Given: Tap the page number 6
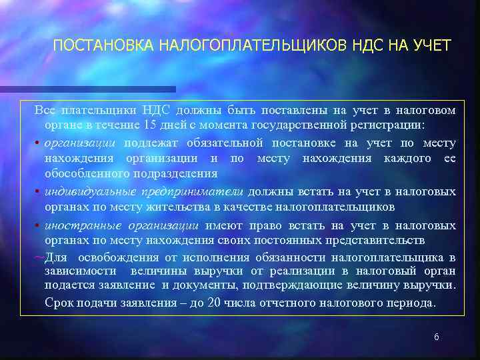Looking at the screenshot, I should pos(436,337).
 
